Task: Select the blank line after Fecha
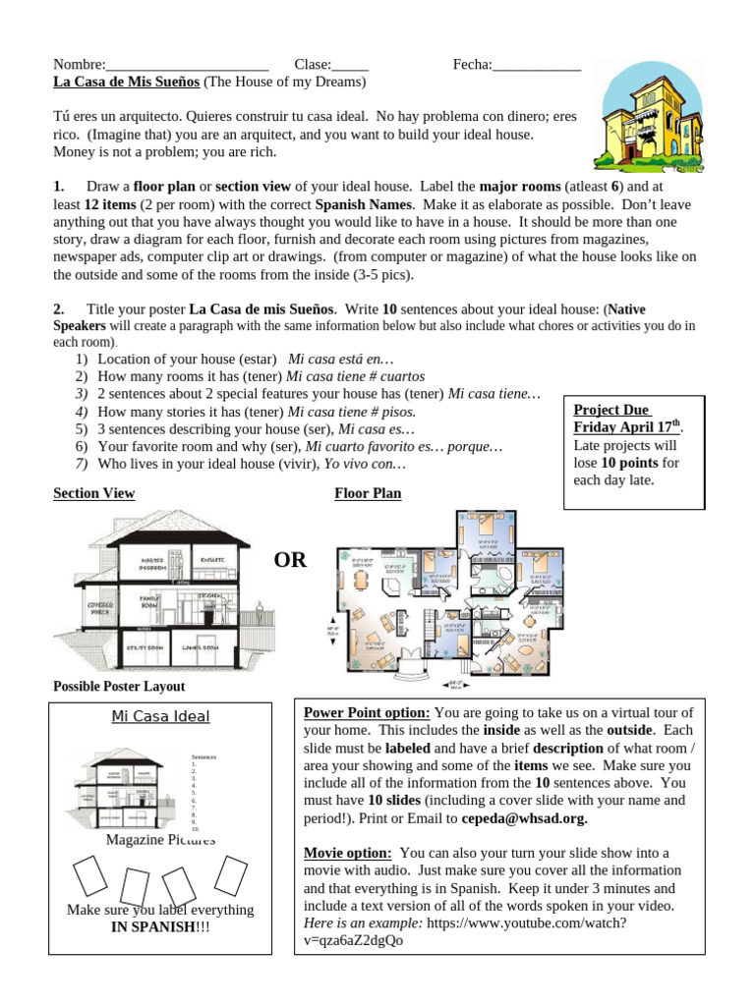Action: click(x=537, y=66)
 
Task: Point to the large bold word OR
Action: click(x=290, y=561)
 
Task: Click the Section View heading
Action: click(x=93, y=493)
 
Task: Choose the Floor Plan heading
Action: click(x=368, y=493)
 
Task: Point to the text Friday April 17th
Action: click(x=625, y=427)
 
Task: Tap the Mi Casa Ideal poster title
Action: click(x=160, y=716)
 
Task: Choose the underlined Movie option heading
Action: click(x=348, y=853)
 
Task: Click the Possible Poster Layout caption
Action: click(x=118, y=686)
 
